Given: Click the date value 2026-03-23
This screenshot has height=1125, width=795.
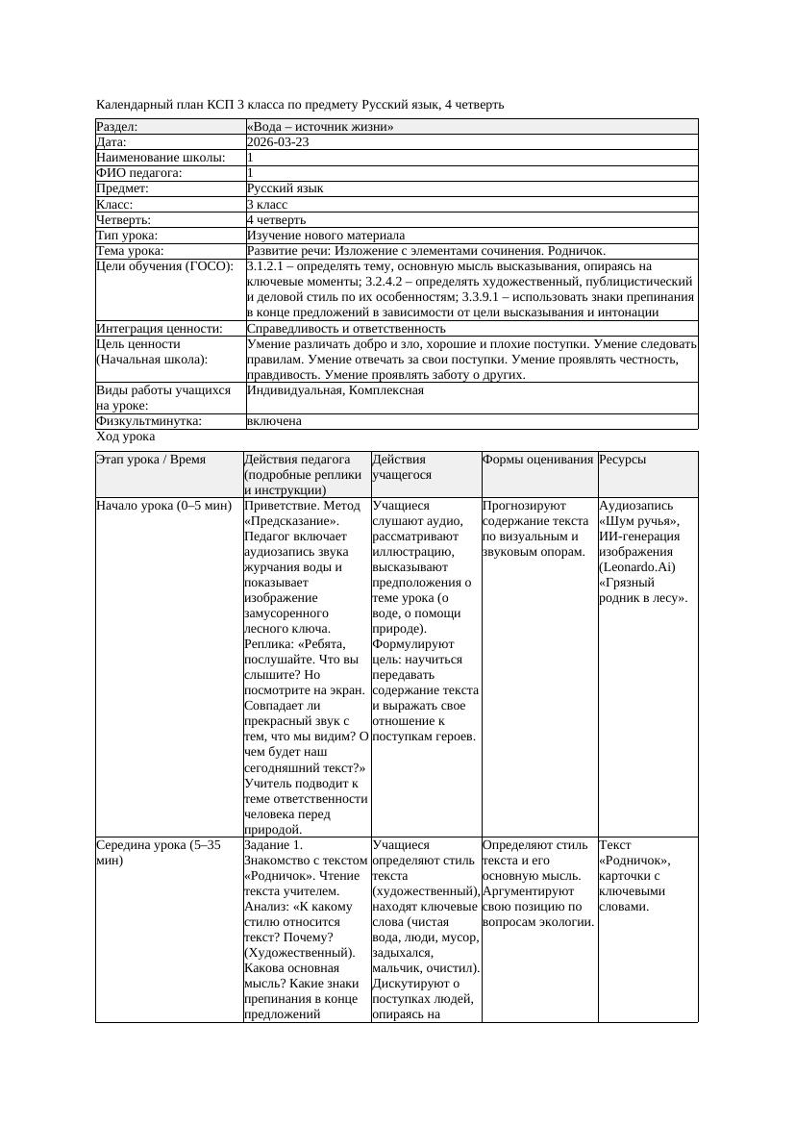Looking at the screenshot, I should [278, 142].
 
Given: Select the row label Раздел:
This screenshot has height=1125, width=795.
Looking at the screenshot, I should [117, 127].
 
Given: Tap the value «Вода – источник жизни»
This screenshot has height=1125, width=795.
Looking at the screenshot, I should [320, 127].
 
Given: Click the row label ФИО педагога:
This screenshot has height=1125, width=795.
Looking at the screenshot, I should [139, 173].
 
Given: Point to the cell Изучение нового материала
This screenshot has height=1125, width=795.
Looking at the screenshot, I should [326, 236].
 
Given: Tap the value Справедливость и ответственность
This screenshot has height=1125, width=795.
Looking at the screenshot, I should [346, 329].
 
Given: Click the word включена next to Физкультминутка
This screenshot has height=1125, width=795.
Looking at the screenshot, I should [274, 421].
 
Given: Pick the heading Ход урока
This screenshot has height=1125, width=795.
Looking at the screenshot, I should [126, 437].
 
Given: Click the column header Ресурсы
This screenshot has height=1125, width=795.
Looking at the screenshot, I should [622, 460].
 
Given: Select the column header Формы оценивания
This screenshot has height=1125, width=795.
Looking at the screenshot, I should [538, 460].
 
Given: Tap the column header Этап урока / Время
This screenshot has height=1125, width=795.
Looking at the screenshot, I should [151, 460].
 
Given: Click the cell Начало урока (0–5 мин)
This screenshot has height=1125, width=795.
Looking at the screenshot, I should [163, 505].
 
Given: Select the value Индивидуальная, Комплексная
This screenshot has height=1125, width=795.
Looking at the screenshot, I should [335, 390].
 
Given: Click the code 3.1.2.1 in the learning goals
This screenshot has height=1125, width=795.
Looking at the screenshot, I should [267, 266].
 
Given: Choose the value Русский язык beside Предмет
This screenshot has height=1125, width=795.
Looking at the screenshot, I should [286, 188].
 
